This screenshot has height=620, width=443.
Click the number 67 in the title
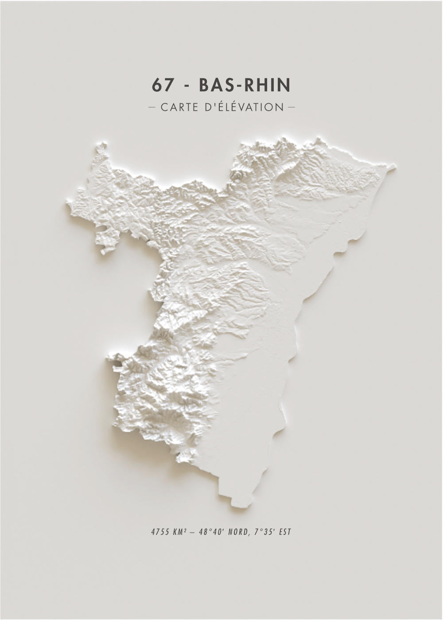162,85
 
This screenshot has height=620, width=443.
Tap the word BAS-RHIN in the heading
245,85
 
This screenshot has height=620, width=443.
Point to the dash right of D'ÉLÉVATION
291,107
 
